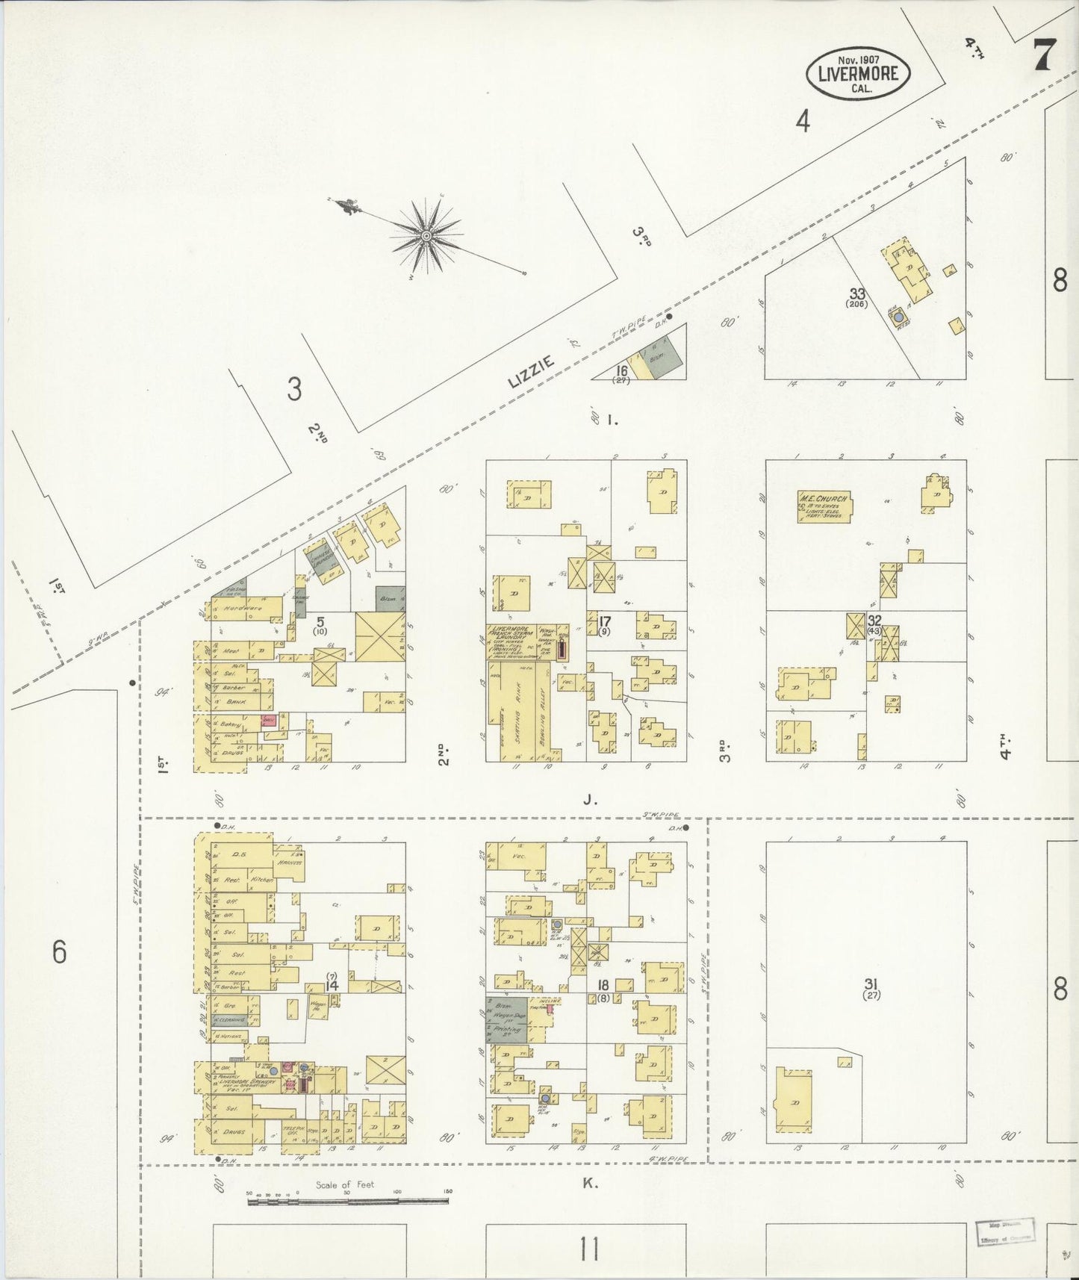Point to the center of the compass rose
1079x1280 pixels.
click(x=426, y=236)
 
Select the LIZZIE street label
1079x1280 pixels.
click(x=532, y=371)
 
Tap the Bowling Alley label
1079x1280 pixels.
click(x=547, y=709)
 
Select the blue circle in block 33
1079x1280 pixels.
click(x=898, y=317)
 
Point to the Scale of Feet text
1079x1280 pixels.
click(x=344, y=1184)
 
